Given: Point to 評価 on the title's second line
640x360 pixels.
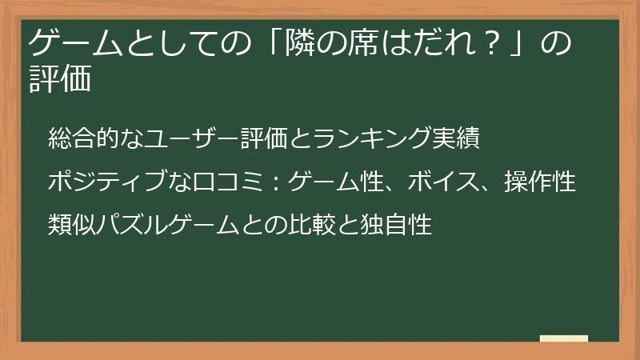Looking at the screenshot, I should (x=59, y=80).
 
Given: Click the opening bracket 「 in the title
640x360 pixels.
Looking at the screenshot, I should (x=280, y=42).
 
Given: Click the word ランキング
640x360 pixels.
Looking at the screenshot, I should (x=374, y=139).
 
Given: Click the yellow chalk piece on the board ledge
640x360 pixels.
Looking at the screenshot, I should (x=564, y=338).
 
